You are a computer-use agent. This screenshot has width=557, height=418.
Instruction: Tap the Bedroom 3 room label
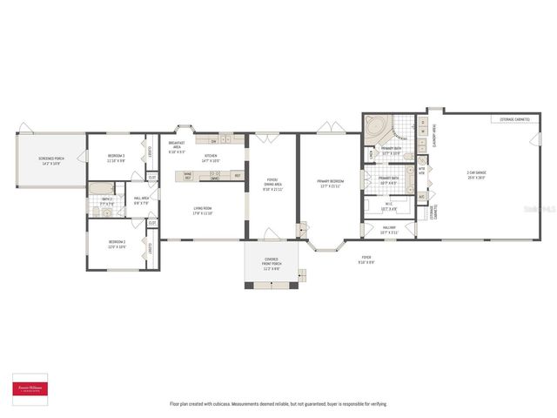click(x=116, y=158)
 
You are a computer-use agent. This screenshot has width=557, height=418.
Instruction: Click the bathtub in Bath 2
click(x=97, y=189)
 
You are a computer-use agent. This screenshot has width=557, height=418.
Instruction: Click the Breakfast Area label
click(x=177, y=147)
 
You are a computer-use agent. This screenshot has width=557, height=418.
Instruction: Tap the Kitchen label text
click(x=211, y=158)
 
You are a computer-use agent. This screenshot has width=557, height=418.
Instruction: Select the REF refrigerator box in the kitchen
click(x=237, y=176)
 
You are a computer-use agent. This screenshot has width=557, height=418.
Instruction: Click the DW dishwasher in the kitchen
click(x=213, y=140)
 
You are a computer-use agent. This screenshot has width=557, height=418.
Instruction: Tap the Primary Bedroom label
click(x=329, y=184)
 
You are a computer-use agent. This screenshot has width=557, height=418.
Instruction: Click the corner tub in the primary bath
click(x=376, y=127)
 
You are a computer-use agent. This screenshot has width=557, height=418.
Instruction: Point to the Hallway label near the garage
click(x=389, y=231)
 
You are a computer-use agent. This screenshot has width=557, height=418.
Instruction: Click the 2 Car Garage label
click(x=477, y=174)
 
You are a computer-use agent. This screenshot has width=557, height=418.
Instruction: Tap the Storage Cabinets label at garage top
click(x=514, y=118)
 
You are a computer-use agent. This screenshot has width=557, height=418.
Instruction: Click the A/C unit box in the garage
click(x=421, y=196)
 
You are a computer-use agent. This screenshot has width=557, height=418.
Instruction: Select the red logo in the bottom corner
click(x=32, y=389)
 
